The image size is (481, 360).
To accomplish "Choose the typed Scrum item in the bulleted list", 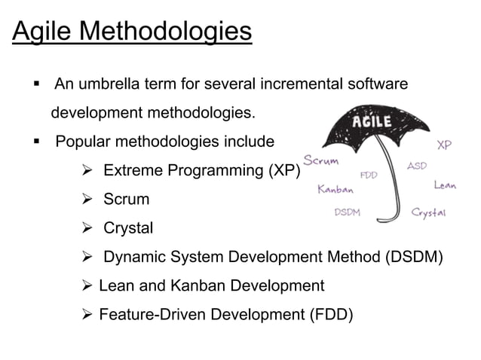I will tap(126, 200).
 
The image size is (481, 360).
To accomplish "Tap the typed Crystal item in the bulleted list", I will tap(128, 228).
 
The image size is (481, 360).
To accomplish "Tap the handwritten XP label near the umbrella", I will tap(444, 145).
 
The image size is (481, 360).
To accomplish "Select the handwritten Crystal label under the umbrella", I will tap(429, 213).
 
